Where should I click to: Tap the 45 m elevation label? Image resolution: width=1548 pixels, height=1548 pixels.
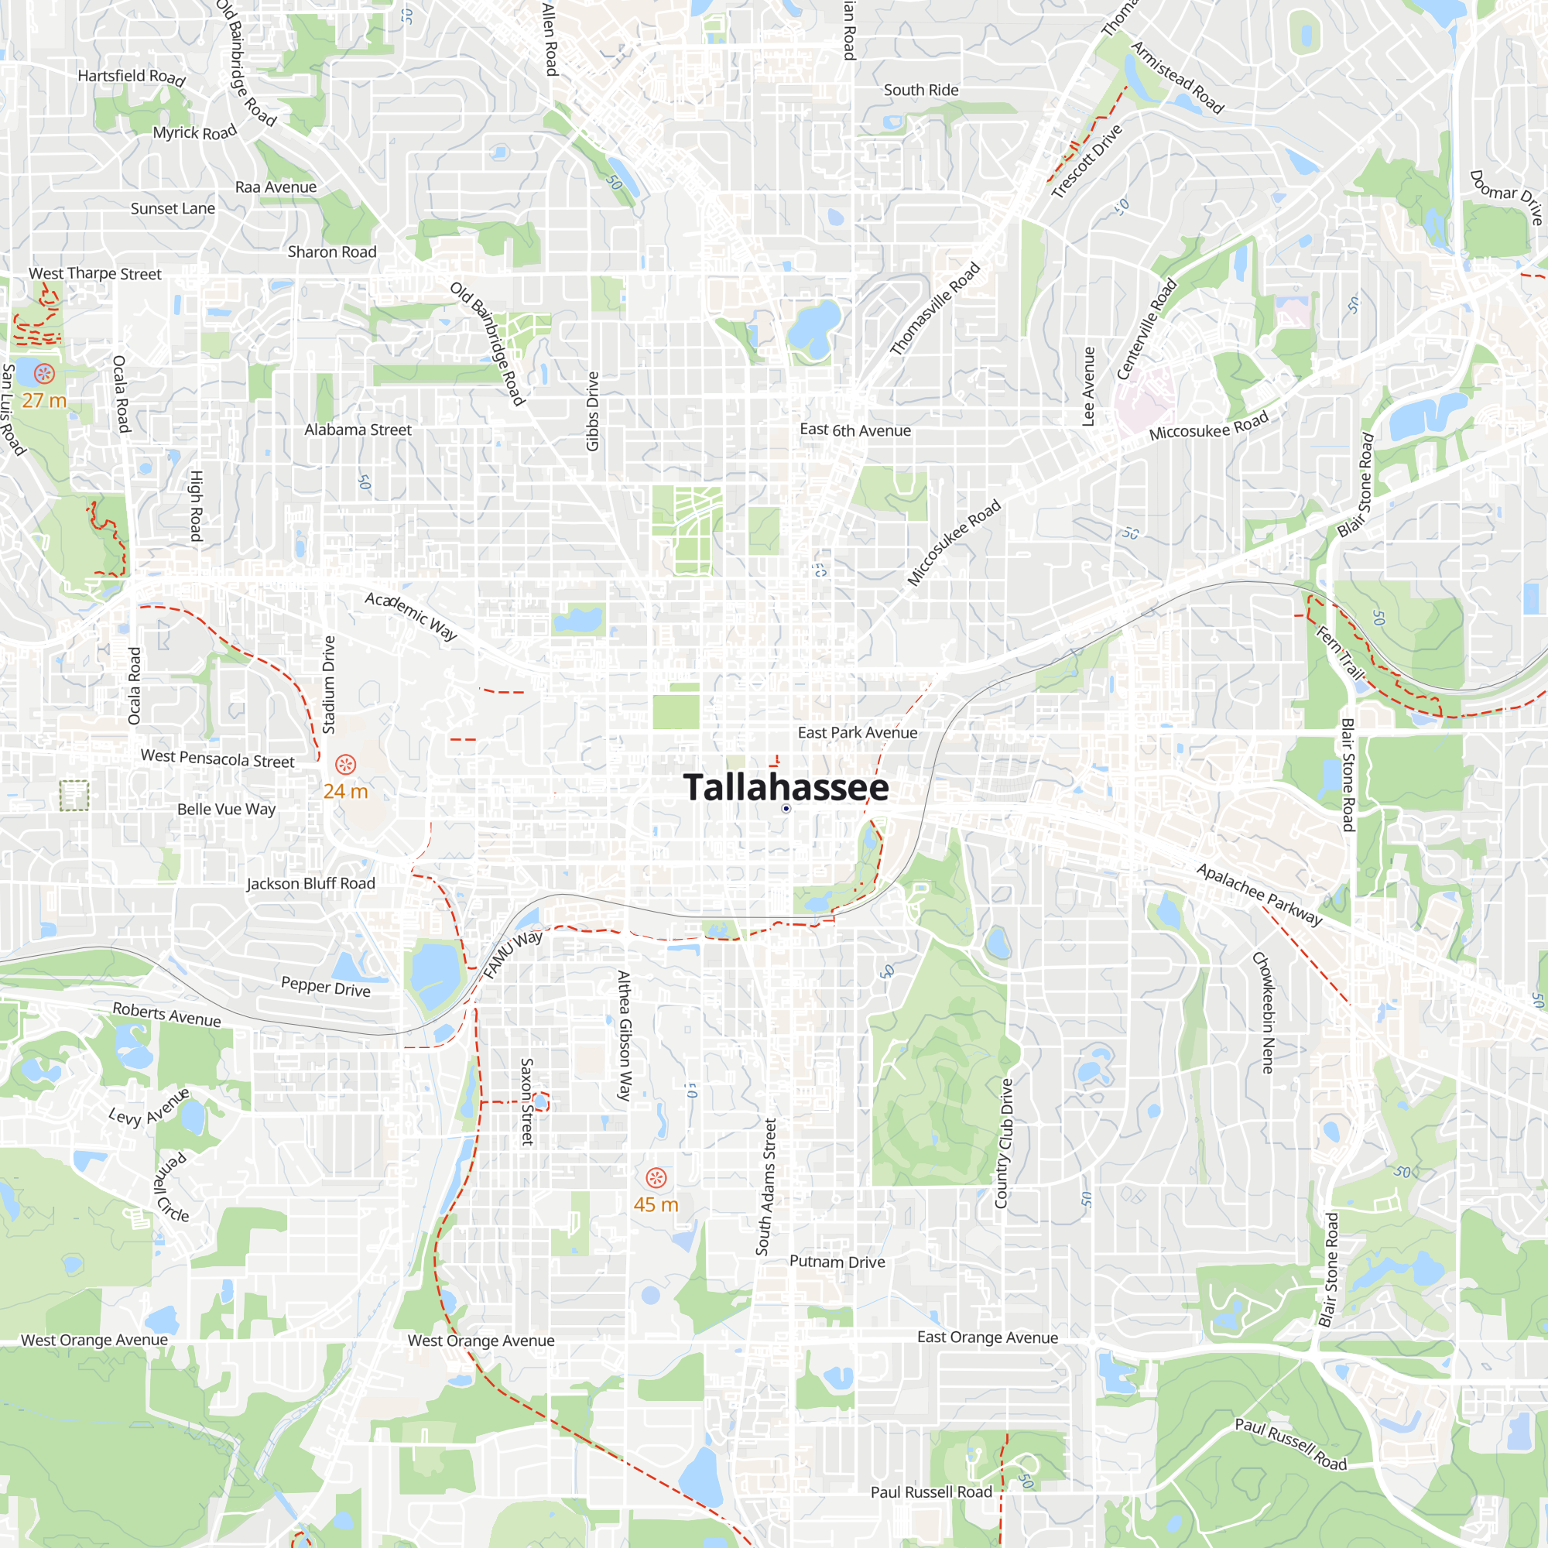[656, 1204]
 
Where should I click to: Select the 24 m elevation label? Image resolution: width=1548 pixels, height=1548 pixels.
[345, 791]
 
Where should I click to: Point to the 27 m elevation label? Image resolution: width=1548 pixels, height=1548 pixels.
[44, 400]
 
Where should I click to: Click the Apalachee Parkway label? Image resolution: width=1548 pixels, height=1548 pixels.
[1259, 894]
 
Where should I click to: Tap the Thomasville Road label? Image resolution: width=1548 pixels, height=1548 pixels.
[935, 309]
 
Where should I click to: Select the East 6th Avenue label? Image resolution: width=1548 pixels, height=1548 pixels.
[855, 430]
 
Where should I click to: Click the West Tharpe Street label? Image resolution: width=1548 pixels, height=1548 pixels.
[94, 273]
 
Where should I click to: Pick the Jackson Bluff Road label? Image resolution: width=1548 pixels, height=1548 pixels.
[311, 883]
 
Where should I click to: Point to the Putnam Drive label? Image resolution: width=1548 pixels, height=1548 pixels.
[837, 1262]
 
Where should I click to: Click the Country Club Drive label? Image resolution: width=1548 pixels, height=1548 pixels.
[1004, 1143]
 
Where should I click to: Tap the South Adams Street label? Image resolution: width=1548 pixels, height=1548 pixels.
[766, 1187]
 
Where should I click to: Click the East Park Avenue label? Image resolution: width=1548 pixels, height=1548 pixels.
[858, 732]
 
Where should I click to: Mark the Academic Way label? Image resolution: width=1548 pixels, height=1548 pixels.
[411, 615]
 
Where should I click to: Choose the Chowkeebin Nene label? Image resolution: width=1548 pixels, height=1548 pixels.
[1264, 1012]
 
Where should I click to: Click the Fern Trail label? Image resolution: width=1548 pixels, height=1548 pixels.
[1340, 653]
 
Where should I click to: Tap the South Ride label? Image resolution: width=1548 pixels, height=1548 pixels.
[920, 90]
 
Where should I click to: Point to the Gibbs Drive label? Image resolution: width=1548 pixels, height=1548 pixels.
[592, 411]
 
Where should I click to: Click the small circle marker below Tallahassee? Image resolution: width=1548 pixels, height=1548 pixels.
[786, 809]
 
